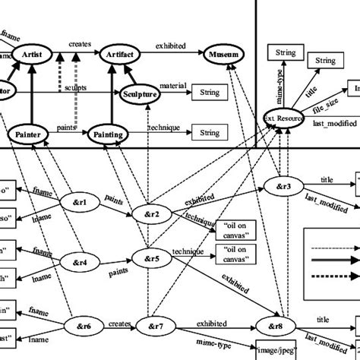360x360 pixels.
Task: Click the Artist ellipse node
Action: [31, 55]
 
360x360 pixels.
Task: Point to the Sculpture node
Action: [139, 94]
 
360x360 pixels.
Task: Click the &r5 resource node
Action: [150, 258]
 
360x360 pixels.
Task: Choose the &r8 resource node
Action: [274, 328]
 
